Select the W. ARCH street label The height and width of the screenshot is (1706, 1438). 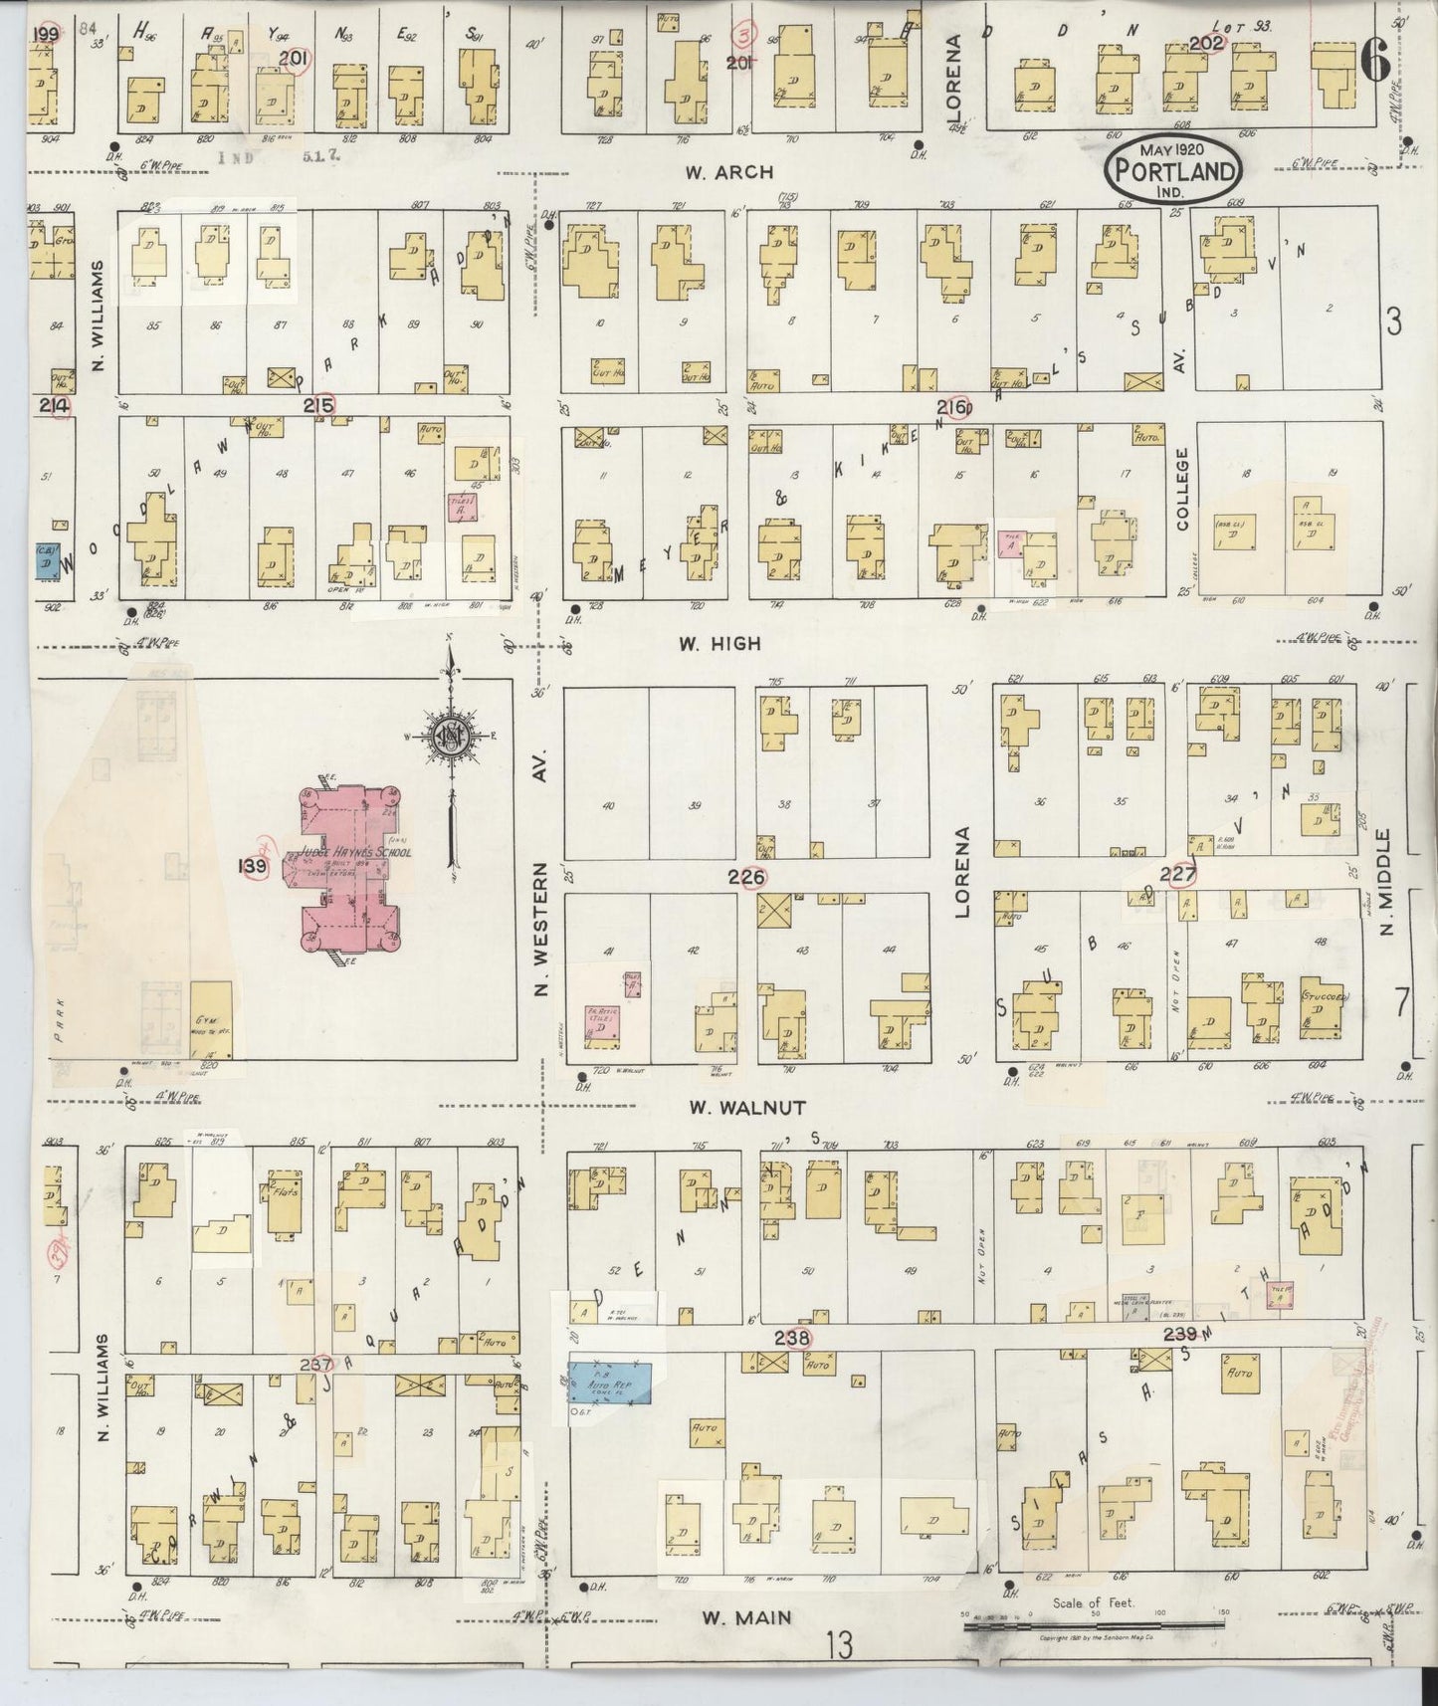[x=728, y=171]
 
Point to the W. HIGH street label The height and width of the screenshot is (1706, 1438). [x=719, y=643]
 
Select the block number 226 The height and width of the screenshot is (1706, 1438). [x=747, y=877]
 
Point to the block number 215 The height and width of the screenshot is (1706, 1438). [x=319, y=405]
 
